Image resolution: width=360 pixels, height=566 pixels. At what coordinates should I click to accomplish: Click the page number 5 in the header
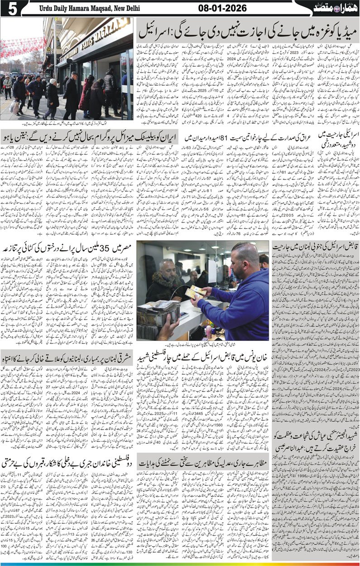point(9,8)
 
